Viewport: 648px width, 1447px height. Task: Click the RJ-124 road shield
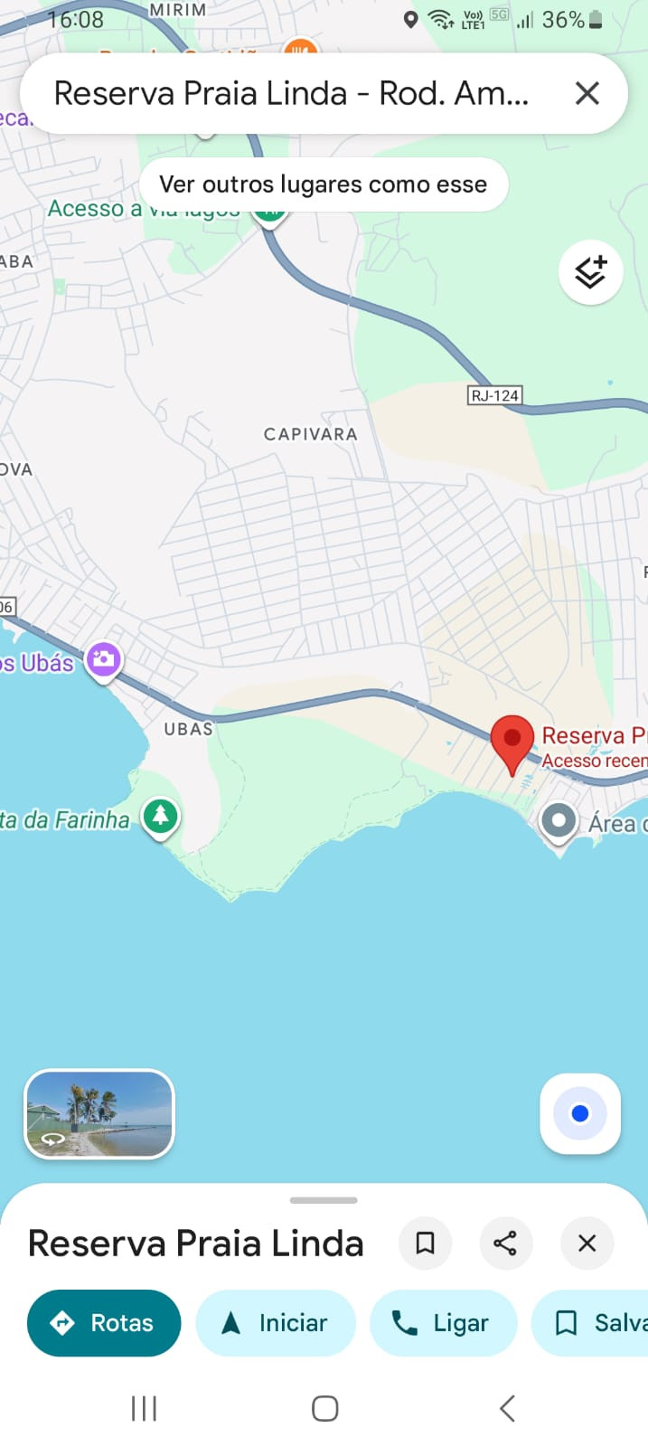coord(494,395)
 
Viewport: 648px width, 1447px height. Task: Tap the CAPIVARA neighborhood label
coord(310,434)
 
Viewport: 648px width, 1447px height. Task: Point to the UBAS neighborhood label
coord(188,729)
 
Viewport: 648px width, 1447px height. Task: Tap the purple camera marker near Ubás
coord(104,659)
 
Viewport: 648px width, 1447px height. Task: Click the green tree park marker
coord(161,817)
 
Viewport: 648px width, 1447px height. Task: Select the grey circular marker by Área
coord(559,821)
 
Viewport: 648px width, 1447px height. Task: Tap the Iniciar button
coord(276,1323)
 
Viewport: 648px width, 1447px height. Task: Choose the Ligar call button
coord(443,1323)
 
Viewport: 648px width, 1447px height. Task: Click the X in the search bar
coord(587,93)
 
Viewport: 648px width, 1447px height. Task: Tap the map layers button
coord(590,271)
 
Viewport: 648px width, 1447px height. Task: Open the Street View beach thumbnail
coord(99,1114)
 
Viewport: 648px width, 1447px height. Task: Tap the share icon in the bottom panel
coord(505,1244)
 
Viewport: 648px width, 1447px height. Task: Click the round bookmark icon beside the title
coord(425,1244)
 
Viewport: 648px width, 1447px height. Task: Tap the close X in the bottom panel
coord(587,1244)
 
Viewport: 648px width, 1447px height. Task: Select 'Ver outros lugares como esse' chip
coord(324,184)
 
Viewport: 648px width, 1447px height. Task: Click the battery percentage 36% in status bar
coord(563,20)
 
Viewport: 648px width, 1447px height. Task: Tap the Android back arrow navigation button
coord(507,1408)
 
